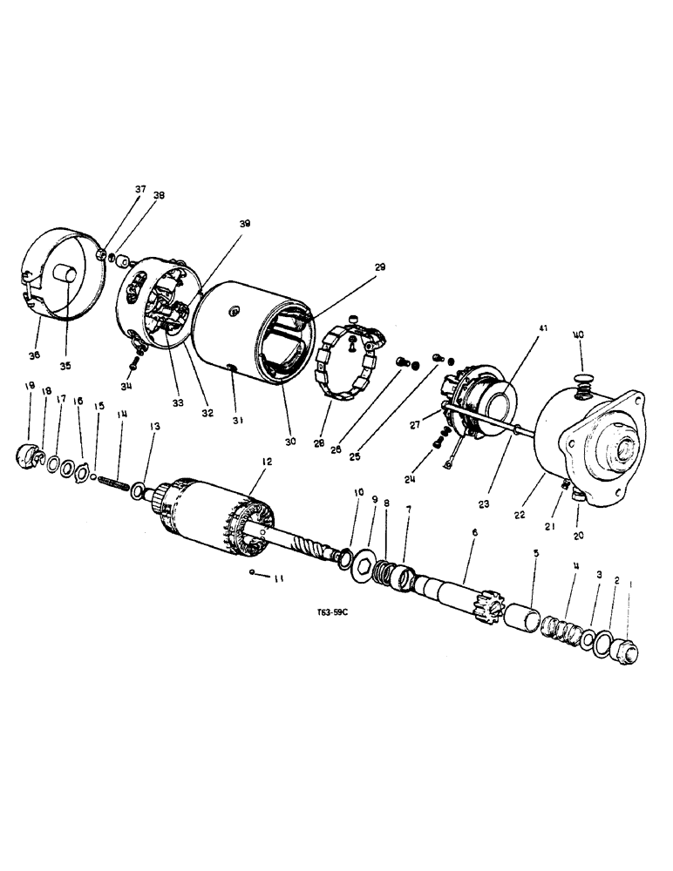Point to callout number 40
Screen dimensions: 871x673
(578, 335)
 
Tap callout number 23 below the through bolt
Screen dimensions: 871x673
(485, 503)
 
